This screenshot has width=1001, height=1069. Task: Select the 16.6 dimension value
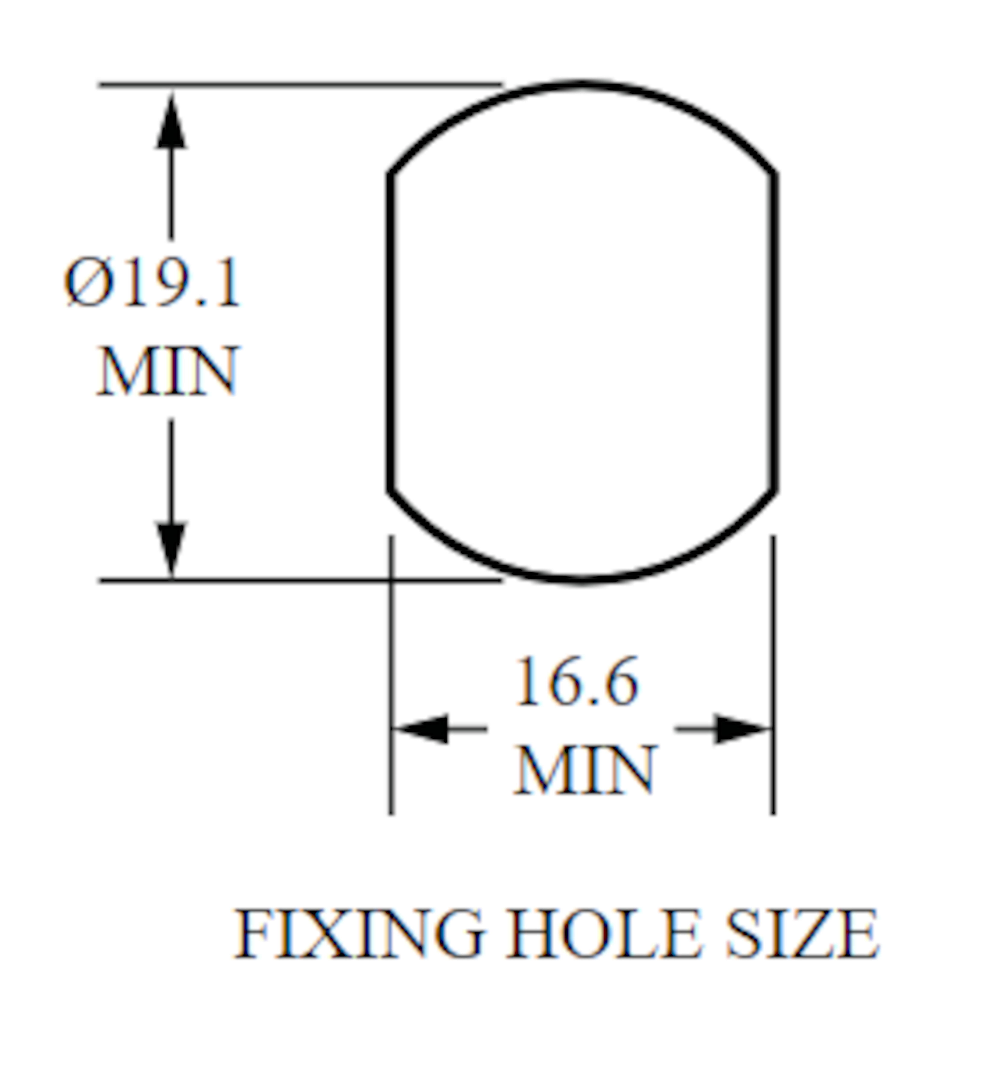[577, 681]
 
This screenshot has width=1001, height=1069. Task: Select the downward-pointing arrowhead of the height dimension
[171, 549]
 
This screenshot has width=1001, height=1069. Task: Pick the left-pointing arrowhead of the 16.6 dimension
[420, 729]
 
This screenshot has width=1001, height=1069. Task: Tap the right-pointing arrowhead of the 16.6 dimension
[743, 729]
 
